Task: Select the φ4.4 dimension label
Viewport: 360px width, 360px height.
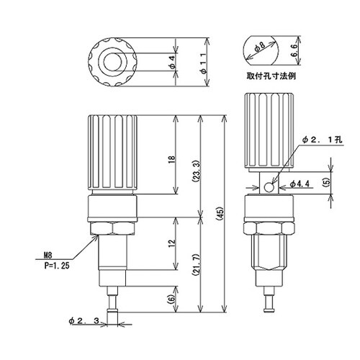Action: point(300,185)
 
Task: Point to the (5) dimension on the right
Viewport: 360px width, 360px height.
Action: point(326,184)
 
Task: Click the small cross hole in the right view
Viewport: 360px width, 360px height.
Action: point(269,188)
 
